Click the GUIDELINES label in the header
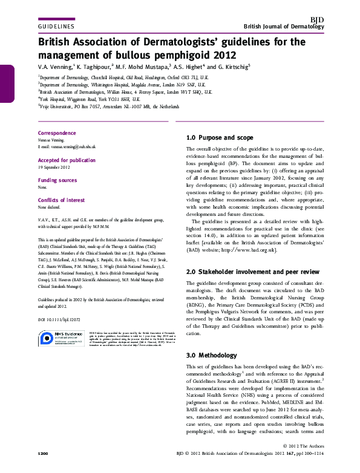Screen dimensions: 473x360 tap(56, 27)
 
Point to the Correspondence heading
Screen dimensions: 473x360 tap(57, 133)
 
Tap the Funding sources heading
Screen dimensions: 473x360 tap(57, 181)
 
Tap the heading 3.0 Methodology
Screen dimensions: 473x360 tap(211, 356)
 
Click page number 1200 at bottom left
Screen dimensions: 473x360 tap(43, 454)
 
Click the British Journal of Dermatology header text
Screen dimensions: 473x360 tap(284, 27)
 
